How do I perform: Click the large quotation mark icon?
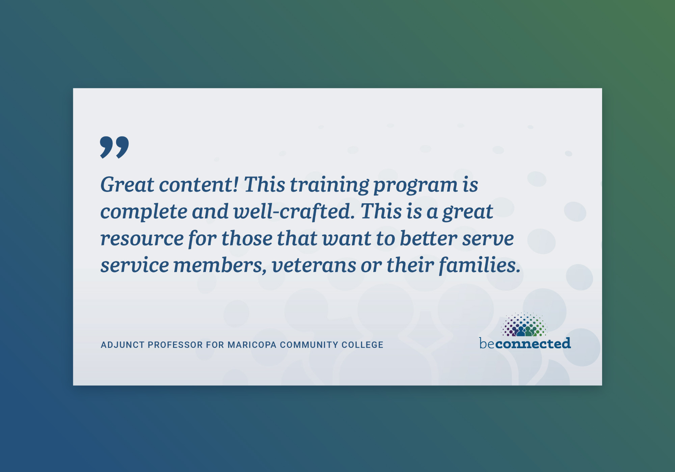[114, 147]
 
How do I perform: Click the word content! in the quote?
[199, 185]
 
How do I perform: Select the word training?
[329, 185]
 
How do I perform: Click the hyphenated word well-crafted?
[294, 211]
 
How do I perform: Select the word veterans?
[314, 266]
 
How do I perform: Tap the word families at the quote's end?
[480, 265]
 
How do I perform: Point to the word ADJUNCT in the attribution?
[122, 345]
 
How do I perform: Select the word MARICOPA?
[252, 345]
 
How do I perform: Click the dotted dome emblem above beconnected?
[524, 324]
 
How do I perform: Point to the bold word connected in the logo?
[533, 343]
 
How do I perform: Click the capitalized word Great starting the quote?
[127, 185]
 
